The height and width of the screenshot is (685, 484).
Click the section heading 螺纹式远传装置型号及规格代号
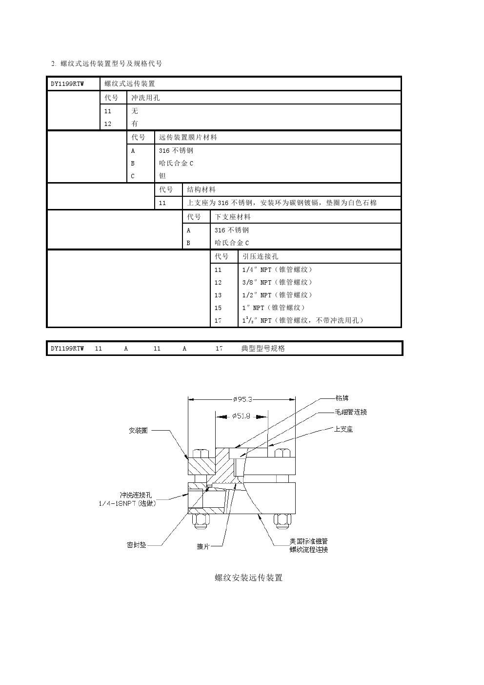pos(111,63)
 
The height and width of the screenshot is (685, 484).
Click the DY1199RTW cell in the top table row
pos(67,84)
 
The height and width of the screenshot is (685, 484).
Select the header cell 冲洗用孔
pos(145,98)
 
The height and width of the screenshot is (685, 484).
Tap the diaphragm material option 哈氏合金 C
pos(176,164)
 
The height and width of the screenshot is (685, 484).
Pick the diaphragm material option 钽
pos(162,176)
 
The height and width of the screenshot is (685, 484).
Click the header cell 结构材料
pos(201,190)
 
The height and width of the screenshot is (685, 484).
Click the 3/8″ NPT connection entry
pos(277,283)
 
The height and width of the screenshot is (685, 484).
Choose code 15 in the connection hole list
pos(218,308)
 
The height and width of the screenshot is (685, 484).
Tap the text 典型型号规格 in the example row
pos(263,349)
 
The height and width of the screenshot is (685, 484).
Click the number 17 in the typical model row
pos(219,349)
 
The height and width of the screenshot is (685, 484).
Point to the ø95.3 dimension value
pos(242,399)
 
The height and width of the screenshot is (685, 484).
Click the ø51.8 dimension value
pos(242,416)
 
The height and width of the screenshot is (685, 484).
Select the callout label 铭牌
pos(342,398)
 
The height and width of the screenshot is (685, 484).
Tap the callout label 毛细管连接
pos(350,412)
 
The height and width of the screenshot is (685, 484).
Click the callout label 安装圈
pos(138,431)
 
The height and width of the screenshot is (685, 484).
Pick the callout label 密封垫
pos(136,545)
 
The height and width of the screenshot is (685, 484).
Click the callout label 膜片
pos(203,547)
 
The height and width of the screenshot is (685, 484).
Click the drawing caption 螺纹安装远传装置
pos(248,578)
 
